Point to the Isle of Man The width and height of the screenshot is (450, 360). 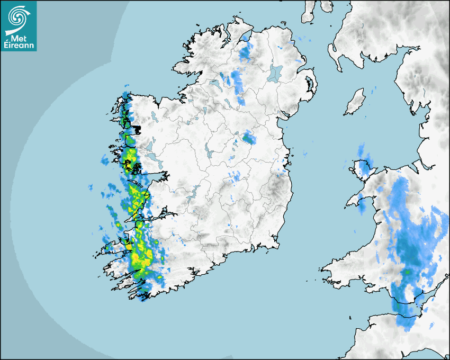point(355,102)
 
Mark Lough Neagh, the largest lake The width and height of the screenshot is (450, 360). point(275,73)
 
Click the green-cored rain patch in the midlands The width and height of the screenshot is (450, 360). point(248,139)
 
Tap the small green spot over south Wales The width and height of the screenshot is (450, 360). point(408,272)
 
